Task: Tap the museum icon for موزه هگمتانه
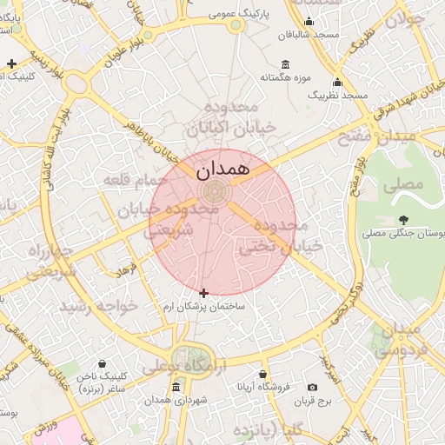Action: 286,63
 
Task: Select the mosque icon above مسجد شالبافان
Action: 308,22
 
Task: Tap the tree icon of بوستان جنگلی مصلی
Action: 403,220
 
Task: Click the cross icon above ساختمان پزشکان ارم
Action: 203,294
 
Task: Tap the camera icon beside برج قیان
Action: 312,387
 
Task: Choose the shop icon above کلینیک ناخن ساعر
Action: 103,363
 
